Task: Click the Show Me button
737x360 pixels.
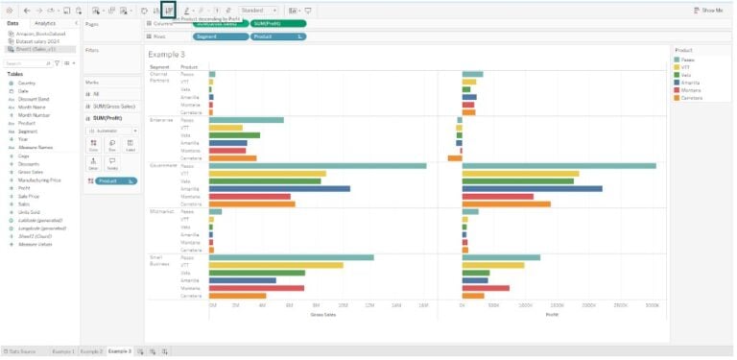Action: coord(709,10)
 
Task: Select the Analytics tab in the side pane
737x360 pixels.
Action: coord(44,22)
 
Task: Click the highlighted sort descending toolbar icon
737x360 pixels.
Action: coord(169,10)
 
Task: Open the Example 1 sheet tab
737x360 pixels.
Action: coord(63,351)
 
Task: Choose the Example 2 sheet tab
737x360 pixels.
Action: coord(91,351)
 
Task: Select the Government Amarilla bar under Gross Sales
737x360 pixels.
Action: coord(279,188)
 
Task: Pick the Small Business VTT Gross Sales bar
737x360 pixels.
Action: coord(275,265)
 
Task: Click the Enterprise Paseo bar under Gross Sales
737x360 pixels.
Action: coord(247,120)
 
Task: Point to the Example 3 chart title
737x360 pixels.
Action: coord(167,54)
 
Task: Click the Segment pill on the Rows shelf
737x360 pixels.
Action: coord(218,36)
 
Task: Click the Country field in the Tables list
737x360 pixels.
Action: coord(26,83)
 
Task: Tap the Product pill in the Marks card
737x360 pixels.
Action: coord(107,180)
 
